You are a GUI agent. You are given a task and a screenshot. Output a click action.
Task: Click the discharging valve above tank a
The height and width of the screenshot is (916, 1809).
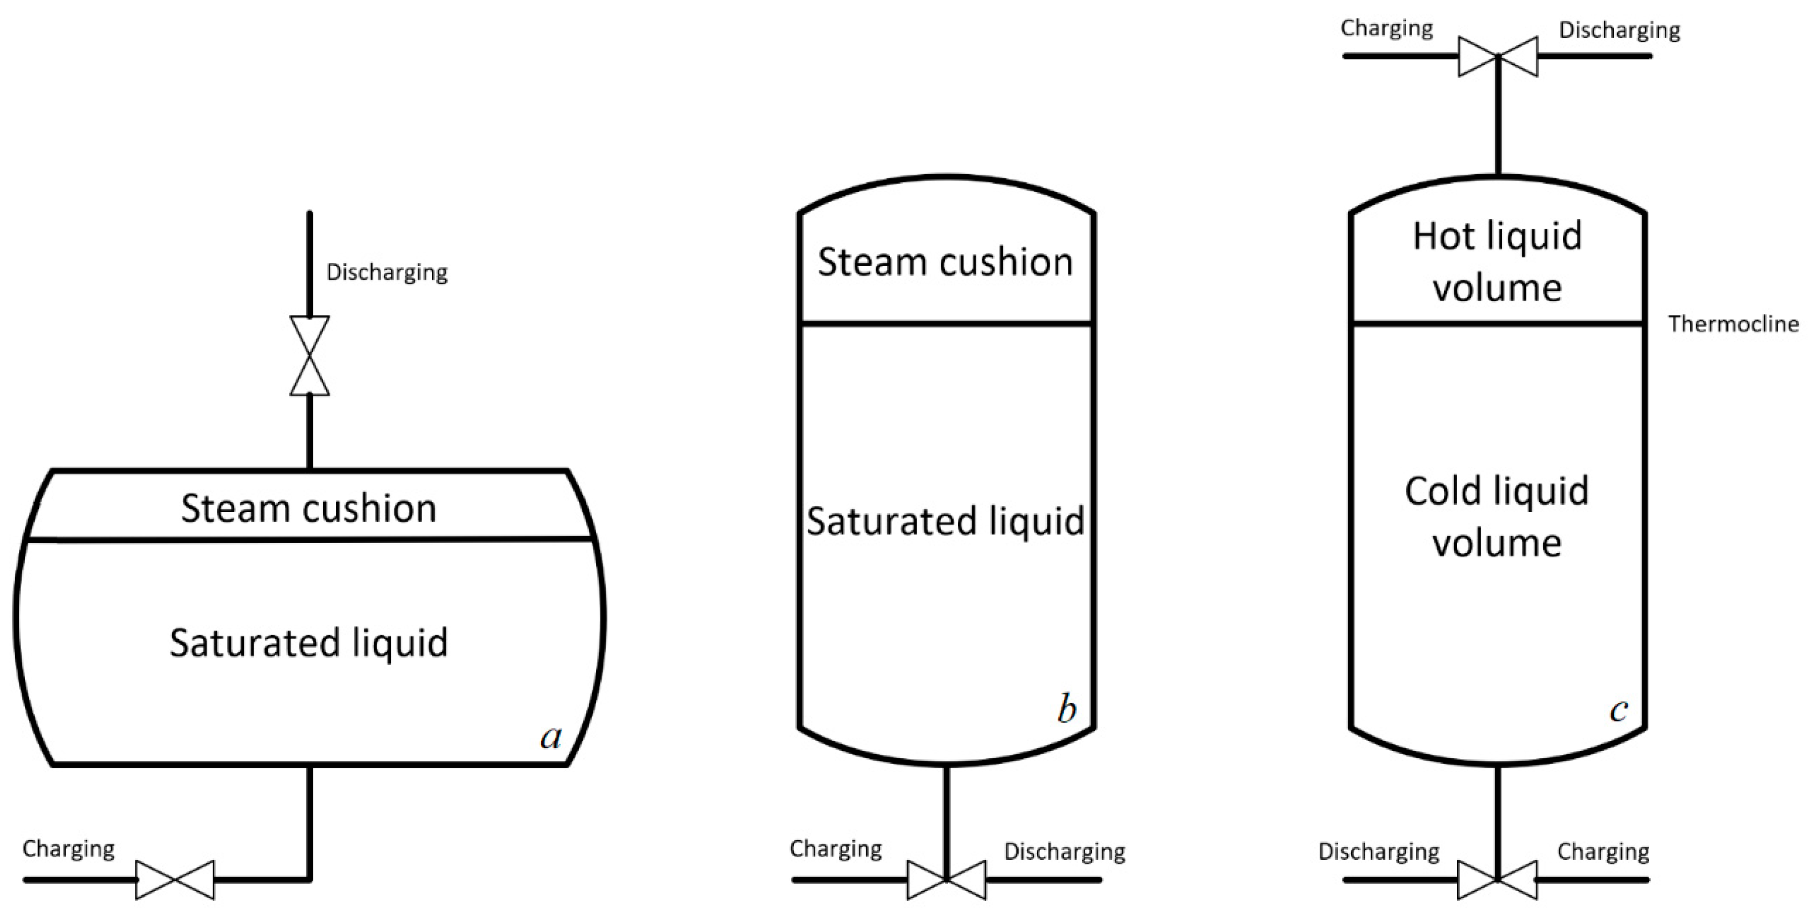point(310,356)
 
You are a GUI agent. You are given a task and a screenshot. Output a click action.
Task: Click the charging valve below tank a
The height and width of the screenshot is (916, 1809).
point(175,880)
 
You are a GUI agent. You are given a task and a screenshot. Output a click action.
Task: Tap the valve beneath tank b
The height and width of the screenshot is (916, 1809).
point(946,880)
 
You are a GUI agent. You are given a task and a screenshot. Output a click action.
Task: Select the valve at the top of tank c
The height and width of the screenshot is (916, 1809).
point(1498,56)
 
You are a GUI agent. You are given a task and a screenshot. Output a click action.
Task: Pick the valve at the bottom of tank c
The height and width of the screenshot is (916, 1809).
point(1497,880)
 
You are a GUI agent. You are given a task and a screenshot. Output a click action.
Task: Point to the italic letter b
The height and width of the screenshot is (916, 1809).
point(1067,709)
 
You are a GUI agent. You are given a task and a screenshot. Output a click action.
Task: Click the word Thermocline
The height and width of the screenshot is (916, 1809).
point(1733,324)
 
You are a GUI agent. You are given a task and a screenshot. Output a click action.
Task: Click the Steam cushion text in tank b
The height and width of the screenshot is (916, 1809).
point(945,262)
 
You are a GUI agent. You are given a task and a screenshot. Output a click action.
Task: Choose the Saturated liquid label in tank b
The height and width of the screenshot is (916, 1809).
point(945,521)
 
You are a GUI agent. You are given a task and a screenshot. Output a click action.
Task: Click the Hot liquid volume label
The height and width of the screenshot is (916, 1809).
point(1497,261)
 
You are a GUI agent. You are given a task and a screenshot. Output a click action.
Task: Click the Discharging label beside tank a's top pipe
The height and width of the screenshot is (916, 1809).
point(387,273)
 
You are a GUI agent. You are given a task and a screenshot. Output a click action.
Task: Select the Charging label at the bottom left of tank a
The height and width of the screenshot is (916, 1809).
point(69,849)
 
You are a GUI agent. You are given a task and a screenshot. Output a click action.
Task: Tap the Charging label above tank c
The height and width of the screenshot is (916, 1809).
point(1386,29)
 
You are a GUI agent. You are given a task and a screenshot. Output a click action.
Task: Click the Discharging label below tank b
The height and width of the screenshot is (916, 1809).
point(1065,851)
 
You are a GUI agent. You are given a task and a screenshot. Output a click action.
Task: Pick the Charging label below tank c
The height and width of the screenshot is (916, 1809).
point(1603,851)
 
